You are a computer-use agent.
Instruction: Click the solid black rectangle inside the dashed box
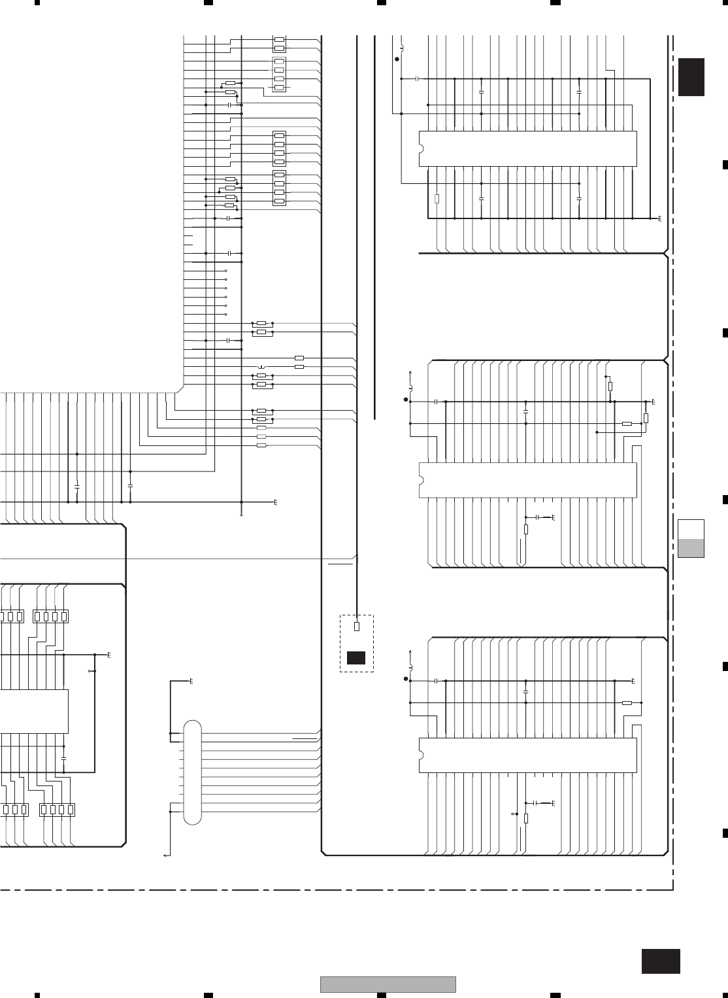click(x=356, y=658)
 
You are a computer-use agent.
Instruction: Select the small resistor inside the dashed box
click(x=356, y=627)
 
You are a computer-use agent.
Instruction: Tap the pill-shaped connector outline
click(x=193, y=772)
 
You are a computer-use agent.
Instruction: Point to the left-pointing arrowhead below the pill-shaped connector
click(x=165, y=855)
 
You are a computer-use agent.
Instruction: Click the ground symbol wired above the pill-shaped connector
click(x=191, y=681)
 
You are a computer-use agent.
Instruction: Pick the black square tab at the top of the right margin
click(x=691, y=77)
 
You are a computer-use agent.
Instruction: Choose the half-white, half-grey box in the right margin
click(x=691, y=538)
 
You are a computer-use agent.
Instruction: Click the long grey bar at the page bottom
click(x=388, y=984)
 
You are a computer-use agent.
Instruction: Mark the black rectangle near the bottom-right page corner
click(x=661, y=961)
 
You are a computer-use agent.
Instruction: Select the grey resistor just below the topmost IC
click(x=437, y=198)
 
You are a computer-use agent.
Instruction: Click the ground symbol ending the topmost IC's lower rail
click(x=660, y=218)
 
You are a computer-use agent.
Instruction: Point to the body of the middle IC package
click(x=527, y=480)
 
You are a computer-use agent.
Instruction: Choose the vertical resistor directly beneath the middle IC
click(x=526, y=529)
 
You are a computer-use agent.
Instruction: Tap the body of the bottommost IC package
click(x=527, y=755)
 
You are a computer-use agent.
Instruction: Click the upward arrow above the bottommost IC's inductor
click(x=410, y=651)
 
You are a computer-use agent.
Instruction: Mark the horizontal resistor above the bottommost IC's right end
click(x=627, y=703)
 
